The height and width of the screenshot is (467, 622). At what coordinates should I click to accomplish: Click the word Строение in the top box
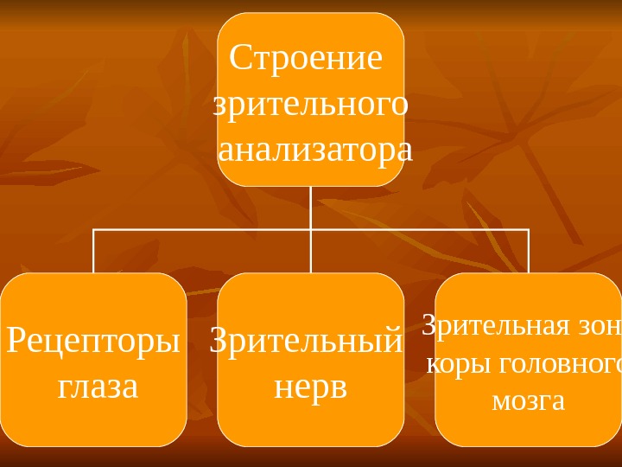pos(305,59)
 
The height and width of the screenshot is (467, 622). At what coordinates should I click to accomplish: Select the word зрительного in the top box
pos(310,106)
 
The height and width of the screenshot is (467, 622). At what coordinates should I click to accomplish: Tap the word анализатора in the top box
pos(315,150)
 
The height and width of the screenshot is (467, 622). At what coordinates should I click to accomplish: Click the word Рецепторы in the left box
pos(93,340)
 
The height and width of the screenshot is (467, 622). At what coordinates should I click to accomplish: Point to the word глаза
pos(98,387)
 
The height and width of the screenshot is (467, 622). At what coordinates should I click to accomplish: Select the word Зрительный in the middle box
pos(307,341)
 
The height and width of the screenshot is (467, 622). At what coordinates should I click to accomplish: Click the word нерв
pos(310,387)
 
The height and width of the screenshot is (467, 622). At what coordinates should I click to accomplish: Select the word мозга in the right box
pos(528,401)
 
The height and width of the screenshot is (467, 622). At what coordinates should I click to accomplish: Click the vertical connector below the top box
pos(311,208)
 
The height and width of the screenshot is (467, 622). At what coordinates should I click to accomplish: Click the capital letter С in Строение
pos(239,59)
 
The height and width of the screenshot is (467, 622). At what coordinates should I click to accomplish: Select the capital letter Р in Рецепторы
pos(16,340)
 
